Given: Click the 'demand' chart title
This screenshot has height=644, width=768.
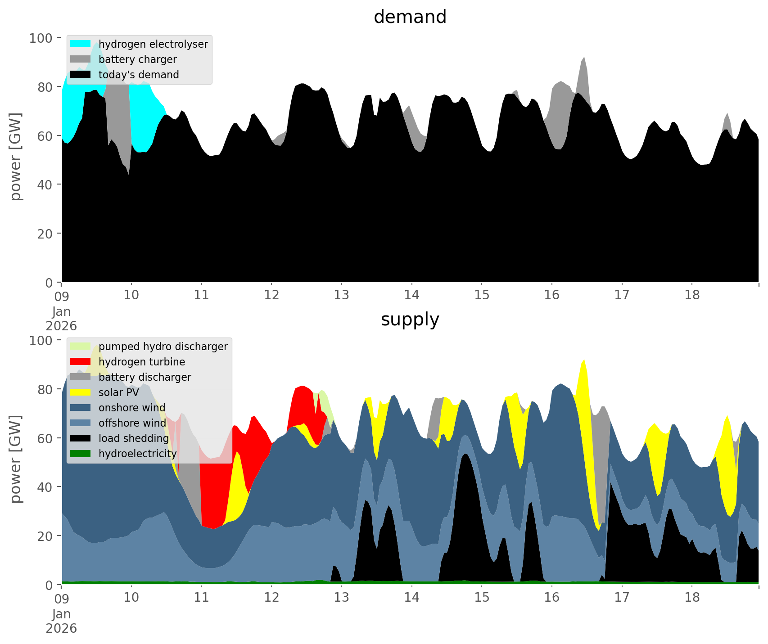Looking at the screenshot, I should click(x=410, y=17).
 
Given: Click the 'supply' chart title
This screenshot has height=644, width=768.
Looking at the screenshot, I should click(x=410, y=320).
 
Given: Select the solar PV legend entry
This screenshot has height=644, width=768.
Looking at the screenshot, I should click(x=118, y=392).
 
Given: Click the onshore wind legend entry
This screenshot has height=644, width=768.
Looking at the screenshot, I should click(x=131, y=408).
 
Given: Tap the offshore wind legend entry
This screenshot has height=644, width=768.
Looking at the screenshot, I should click(x=132, y=423).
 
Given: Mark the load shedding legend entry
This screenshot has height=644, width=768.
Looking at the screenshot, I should click(x=133, y=438).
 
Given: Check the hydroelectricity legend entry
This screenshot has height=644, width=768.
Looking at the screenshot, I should click(x=137, y=454).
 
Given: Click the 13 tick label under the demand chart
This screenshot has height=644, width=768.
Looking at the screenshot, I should click(x=342, y=295).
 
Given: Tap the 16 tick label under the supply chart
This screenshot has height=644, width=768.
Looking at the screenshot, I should click(x=552, y=598).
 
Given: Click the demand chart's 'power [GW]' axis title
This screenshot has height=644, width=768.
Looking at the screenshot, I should click(x=16, y=157).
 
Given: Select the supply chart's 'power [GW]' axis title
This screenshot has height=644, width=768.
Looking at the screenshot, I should click(x=16, y=459).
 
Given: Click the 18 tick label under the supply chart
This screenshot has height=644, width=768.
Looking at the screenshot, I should click(x=692, y=598).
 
